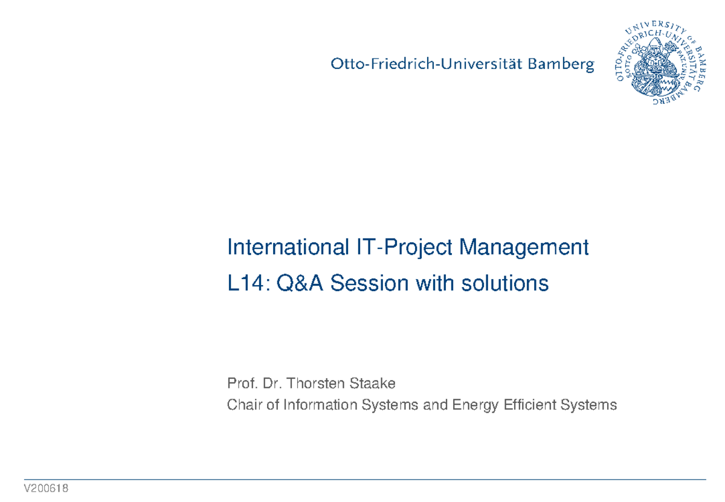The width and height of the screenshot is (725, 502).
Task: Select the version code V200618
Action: click(47, 489)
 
